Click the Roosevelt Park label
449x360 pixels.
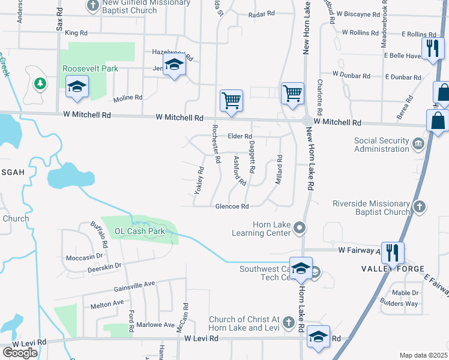click(x=91, y=68)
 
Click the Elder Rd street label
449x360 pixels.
click(x=240, y=136)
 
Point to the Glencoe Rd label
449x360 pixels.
click(x=232, y=206)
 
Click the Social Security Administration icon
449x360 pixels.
click(x=418, y=144)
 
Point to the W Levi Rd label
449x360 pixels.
click(x=23, y=342)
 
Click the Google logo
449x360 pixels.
click(x=20, y=352)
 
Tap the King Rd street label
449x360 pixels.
click(x=76, y=32)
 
